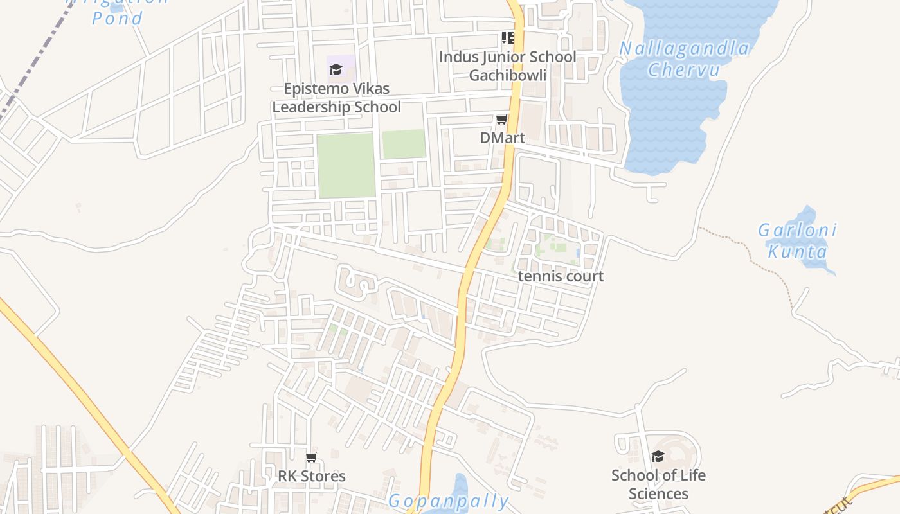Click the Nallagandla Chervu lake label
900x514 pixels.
[x=684, y=58]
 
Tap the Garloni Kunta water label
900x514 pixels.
[x=797, y=240]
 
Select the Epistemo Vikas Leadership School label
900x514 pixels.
[x=336, y=98]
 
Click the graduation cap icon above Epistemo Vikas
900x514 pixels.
[x=336, y=69]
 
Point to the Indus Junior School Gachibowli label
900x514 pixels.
[x=507, y=66]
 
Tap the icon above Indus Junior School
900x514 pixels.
[x=508, y=38]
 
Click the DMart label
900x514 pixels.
[x=502, y=137]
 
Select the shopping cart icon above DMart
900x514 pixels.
[x=501, y=120]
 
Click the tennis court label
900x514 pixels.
[x=561, y=276]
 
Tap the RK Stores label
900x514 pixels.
[x=312, y=476]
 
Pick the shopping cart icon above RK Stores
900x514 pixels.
[x=312, y=457]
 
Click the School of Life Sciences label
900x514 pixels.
[x=658, y=484]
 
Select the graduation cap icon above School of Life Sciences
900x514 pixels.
[x=658, y=457]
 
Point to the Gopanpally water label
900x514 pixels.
[x=448, y=501]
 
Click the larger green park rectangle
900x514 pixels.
[x=346, y=165]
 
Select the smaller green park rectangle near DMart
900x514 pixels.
[x=404, y=144]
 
